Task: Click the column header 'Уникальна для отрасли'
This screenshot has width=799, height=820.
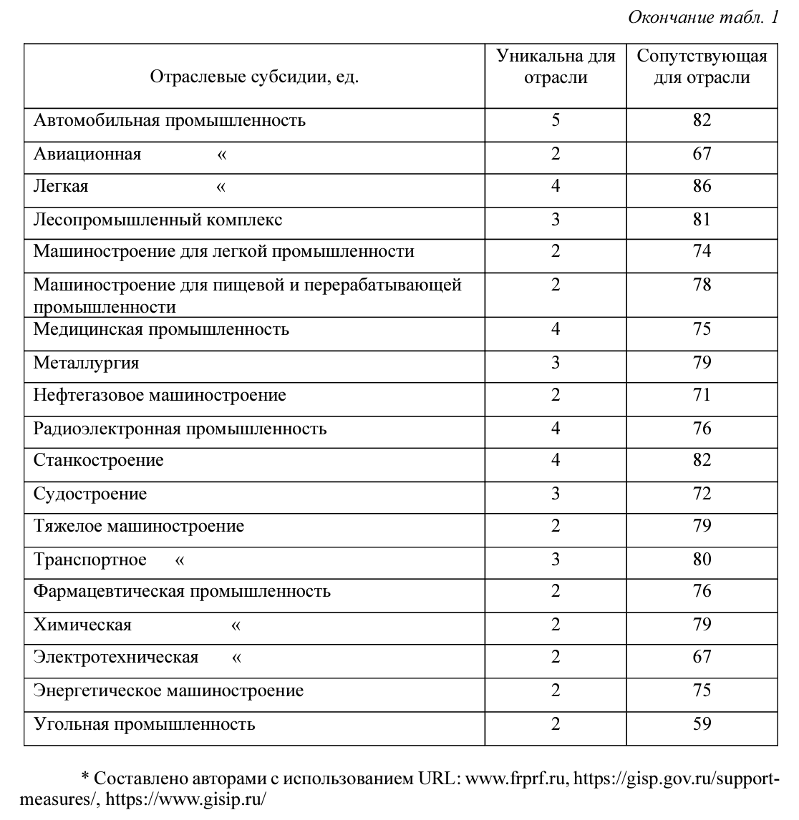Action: [x=556, y=67]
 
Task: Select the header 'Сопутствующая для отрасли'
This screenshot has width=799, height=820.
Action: [x=702, y=67]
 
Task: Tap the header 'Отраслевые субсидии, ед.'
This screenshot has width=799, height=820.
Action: [x=254, y=77]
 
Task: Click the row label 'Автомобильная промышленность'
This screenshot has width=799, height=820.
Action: [x=170, y=120]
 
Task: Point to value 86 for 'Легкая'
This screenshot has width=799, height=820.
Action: [x=702, y=187]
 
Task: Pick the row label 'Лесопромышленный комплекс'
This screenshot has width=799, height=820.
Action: [x=158, y=219]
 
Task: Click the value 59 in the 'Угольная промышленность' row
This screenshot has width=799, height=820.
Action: [x=702, y=723]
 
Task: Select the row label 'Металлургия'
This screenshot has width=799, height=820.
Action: [x=87, y=363]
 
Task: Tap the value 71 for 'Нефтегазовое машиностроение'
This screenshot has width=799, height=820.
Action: [x=702, y=395]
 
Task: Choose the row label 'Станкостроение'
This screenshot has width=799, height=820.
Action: [x=99, y=460]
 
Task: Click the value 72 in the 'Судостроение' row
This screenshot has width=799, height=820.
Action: [x=702, y=494]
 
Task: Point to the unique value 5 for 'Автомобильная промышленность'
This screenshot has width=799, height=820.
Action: [x=556, y=119]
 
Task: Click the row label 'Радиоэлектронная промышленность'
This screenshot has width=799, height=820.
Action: [x=180, y=429]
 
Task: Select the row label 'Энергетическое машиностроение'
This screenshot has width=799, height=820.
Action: [x=168, y=690]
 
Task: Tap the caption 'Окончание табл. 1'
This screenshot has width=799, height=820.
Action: [x=702, y=18]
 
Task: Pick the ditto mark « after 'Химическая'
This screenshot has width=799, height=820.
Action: [x=236, y=625]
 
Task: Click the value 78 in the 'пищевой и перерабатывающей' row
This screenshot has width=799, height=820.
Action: [x=702, y=285]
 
